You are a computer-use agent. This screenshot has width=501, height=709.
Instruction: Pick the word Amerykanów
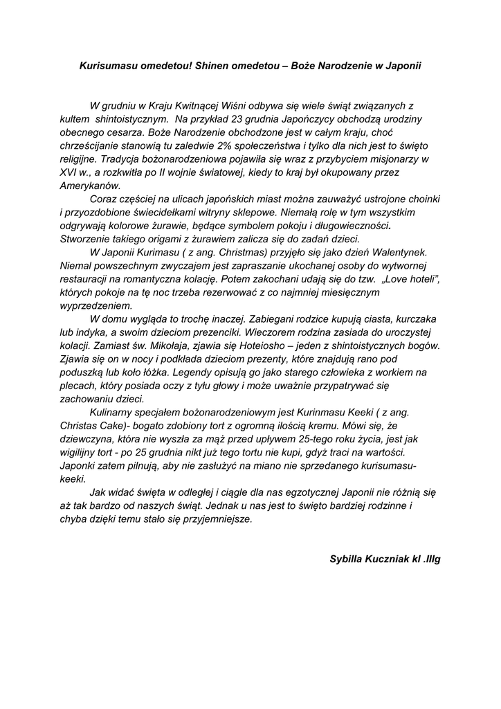point(90,185)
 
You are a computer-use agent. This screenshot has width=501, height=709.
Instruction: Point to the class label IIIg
point(433,558)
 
